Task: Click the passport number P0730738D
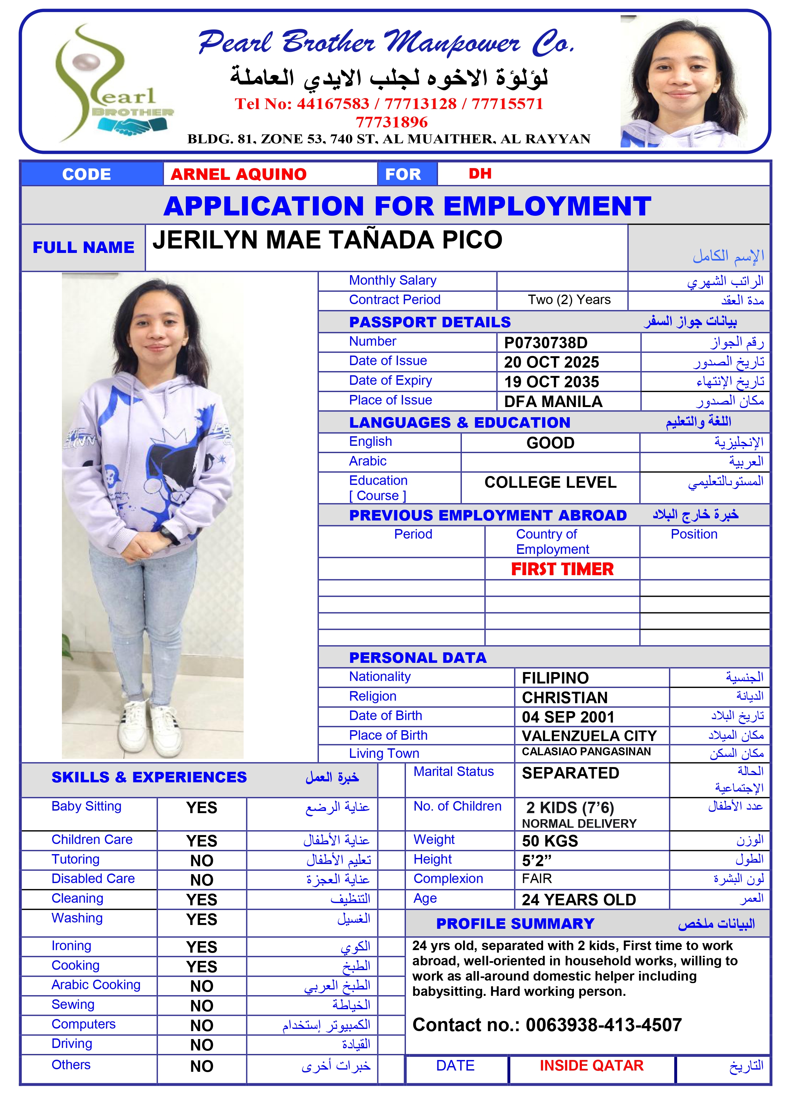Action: coord(545,343)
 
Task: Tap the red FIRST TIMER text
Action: coord(562,569)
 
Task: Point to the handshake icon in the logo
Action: coord(132,125)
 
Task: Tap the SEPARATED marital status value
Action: coord(570,773)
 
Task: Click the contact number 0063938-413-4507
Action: coord(603,1025)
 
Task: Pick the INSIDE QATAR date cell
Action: coord(591,1065)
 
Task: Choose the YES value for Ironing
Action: coord(201,947)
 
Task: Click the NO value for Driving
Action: coord(201,1045)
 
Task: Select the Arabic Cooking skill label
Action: coord(96,985)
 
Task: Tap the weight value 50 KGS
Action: coord(549,841)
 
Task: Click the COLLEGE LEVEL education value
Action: coord(550,482)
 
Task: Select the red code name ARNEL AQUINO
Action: coord(239,174)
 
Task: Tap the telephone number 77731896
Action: coord(391,122)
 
